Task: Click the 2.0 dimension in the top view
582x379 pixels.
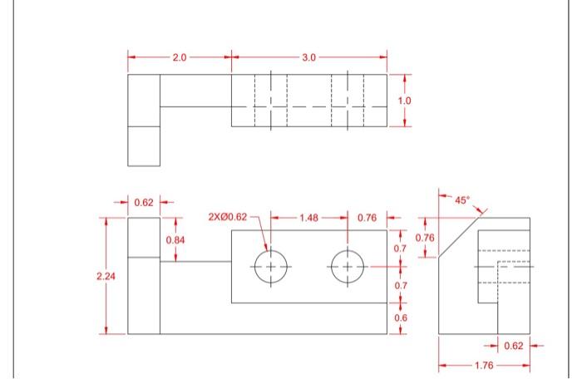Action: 180,57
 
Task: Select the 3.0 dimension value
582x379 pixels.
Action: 308,57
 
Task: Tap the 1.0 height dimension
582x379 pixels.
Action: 404,101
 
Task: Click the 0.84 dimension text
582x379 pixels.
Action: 175,239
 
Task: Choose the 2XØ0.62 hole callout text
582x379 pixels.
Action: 227,217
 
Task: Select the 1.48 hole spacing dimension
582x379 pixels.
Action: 308,218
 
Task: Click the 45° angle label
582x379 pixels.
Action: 462,199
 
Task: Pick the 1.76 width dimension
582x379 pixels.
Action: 484,363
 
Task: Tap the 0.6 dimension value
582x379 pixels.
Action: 401,318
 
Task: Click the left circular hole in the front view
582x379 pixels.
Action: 270,267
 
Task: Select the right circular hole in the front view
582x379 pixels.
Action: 348,267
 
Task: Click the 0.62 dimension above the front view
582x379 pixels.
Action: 143,202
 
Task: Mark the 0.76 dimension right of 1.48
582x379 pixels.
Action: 367,218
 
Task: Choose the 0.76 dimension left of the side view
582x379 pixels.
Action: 424,238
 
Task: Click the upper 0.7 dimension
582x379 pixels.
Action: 400,249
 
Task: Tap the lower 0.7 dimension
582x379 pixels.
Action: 400,286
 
